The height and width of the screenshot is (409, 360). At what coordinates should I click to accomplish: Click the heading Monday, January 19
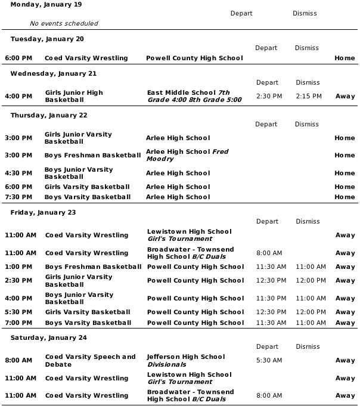coord(46,5)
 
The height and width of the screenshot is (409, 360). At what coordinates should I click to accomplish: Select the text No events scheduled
coord(64,23)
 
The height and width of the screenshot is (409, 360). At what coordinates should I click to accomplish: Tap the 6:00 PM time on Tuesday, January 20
coord(18,58)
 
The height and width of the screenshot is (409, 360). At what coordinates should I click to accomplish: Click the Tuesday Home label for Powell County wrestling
coord(345,58)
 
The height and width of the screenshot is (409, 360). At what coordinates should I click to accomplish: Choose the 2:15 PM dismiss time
coord(308,96)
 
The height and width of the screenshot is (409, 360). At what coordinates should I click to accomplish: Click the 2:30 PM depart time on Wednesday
coord(269,96)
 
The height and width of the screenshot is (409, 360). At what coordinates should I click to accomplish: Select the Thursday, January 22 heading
coord(49,116)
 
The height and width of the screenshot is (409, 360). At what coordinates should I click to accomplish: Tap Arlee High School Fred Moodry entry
coord(187,155)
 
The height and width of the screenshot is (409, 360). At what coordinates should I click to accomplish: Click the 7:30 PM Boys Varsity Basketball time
coord(18,197)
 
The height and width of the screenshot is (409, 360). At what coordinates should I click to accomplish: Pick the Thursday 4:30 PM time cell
coord(18,173)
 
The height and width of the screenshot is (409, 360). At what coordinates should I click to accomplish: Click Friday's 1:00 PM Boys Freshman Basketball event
coord(94,267)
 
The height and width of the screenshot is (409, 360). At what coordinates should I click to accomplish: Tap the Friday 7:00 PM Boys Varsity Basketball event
coord(88,323)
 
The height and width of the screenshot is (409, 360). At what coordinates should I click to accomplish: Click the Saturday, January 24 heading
coord(49,337)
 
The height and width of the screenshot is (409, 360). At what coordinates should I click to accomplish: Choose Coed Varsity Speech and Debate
coord(91,360)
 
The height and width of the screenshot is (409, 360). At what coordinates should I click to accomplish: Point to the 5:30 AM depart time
coord(269,360)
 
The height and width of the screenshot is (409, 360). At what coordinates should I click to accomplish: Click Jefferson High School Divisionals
coord(186,360)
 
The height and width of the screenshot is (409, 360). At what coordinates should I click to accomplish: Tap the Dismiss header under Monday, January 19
coord(305,13)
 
